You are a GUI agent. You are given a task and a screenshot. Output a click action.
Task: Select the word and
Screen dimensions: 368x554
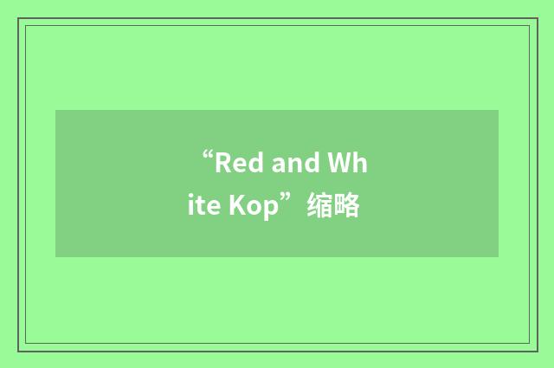click(x=294, y=162)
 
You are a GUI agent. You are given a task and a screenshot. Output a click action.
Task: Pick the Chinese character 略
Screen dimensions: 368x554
click(x=346, y=208)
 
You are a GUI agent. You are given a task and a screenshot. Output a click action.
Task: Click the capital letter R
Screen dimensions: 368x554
click(x=223, y=162)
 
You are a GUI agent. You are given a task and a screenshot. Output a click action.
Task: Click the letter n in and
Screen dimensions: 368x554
click(x=294, y=164)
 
